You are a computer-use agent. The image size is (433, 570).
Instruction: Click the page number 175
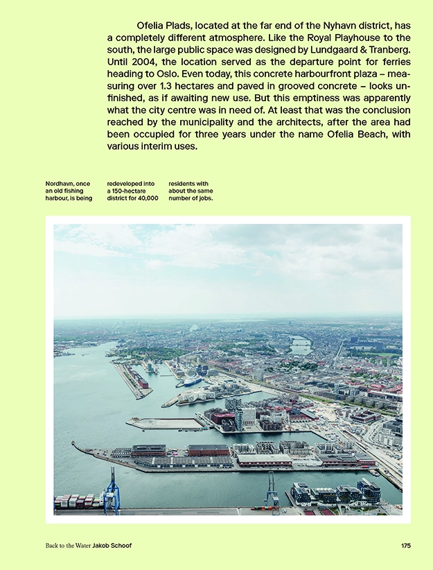coord(406,546)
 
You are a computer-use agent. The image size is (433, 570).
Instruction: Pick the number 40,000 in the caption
coord(147,199)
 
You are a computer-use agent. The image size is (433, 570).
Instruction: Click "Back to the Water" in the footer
coord(67,546)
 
